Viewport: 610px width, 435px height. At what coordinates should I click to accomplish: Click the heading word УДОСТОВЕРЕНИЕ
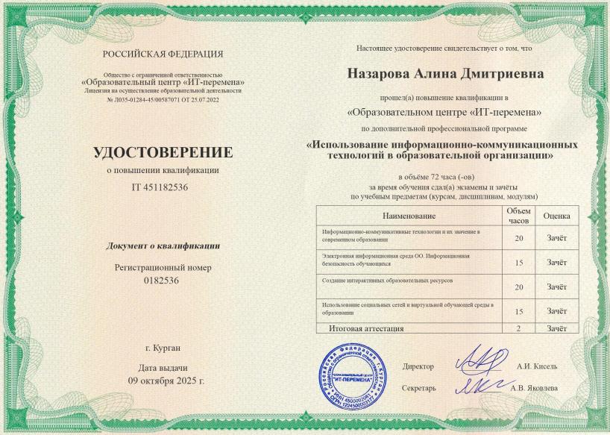[163, 153]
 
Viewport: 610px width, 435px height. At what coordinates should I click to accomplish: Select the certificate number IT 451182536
[163, 187]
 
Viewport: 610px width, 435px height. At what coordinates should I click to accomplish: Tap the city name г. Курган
[163, 348]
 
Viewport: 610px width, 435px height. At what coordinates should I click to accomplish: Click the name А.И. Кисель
[537, 366]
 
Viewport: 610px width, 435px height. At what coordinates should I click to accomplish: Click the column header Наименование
[409, 216]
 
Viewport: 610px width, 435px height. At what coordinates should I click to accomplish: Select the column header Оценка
[556, 216]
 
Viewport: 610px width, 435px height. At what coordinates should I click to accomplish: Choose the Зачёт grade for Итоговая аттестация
[556, 328]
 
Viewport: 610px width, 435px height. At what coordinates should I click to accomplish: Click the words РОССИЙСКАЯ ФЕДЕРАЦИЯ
[163, 54]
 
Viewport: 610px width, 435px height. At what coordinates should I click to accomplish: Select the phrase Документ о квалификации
[163, 245]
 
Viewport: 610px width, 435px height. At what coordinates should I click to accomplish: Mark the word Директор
[418, 366]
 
